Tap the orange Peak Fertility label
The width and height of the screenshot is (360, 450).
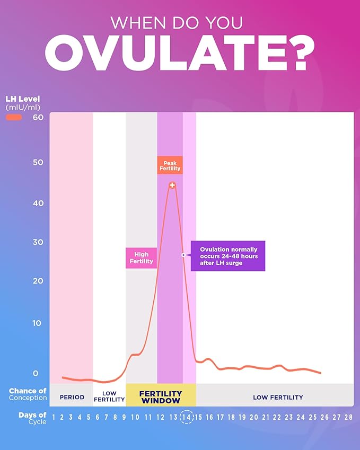170,165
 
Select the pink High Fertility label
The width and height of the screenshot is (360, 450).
141,258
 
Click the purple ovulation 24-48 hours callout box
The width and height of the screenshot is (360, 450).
227,256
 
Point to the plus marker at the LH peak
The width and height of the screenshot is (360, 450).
172,185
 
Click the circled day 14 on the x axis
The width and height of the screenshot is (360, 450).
186,417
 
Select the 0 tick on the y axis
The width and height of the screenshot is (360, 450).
36,373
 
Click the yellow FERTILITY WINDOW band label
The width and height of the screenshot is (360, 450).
161,397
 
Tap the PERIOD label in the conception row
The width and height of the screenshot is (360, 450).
72,397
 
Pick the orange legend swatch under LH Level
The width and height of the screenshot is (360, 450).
14,117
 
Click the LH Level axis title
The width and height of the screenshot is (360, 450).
22,99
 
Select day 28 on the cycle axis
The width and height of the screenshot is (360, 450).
348,417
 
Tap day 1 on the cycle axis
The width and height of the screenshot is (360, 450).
54,417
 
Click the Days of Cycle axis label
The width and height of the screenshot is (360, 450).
32,418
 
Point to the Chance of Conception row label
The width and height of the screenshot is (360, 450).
28,394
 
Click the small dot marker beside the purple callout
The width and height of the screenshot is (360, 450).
183,255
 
